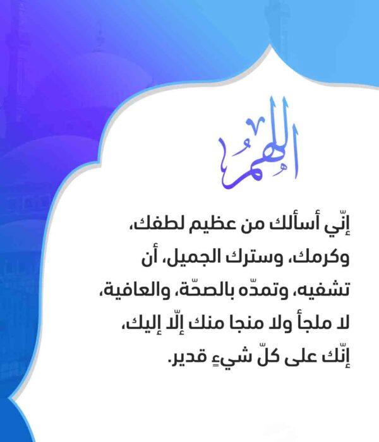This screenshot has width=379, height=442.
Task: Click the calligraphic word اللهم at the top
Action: (258, 144)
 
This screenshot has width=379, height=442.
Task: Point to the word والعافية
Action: (133, 290)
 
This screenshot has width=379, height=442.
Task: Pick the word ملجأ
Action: (305, 323)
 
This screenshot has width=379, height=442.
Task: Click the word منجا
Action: (234, 323)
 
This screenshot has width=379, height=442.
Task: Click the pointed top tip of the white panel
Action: (271, 45)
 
